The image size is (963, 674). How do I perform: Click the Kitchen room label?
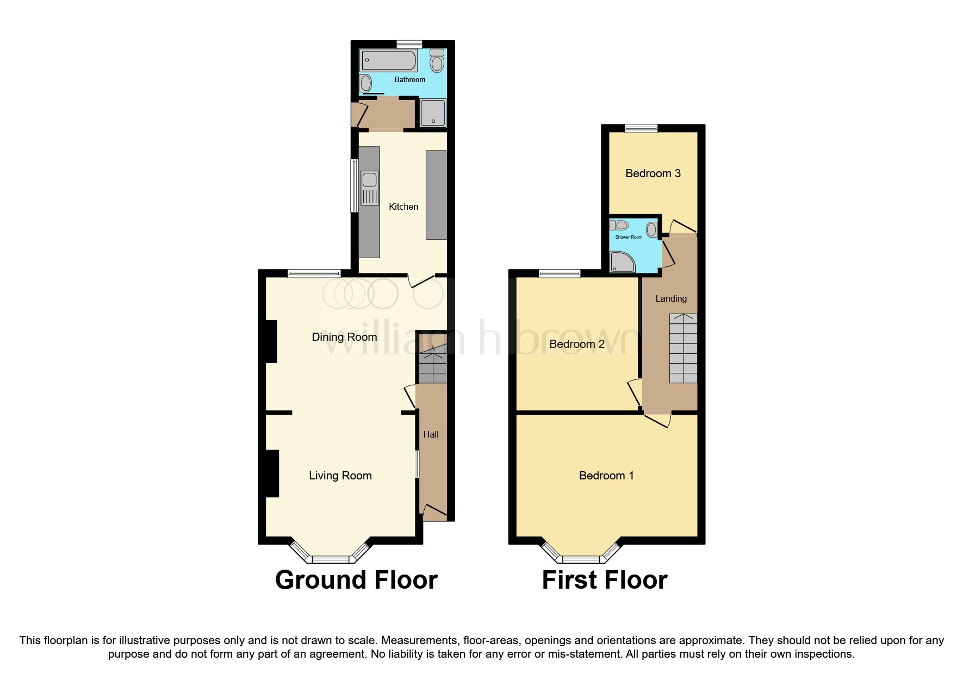[x=403, y=207]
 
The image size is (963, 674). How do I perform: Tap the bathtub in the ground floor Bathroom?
[x=388, y=60]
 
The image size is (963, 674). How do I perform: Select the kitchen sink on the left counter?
[x=370, y=180]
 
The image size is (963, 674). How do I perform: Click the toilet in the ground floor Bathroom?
[x=437, y=61]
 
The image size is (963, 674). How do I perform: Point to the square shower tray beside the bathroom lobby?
[x=433, y=113]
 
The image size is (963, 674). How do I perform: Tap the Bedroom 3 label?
[x=653, y=173]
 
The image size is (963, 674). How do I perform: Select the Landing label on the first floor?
[x=670, y=298]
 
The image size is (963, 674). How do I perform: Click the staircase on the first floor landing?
[x=683, y=348]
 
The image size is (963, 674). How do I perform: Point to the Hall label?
[x=431, y=434]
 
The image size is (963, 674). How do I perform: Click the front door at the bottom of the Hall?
[x=434, y=511]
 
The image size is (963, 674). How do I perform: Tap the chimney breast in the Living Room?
[x=271, y=473]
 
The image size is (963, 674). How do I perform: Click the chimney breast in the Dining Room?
[x=271, y=341]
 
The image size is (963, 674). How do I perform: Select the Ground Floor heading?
[x=356, y=580]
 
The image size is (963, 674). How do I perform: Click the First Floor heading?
[x=604, y=580]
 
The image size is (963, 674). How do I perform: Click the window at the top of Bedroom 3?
[x=641, y=129]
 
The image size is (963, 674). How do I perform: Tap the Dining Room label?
[x=344, y=337]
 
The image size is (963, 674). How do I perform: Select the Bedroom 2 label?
[x=576, y=344]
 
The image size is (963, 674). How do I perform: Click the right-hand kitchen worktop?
[x=436, y=195]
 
